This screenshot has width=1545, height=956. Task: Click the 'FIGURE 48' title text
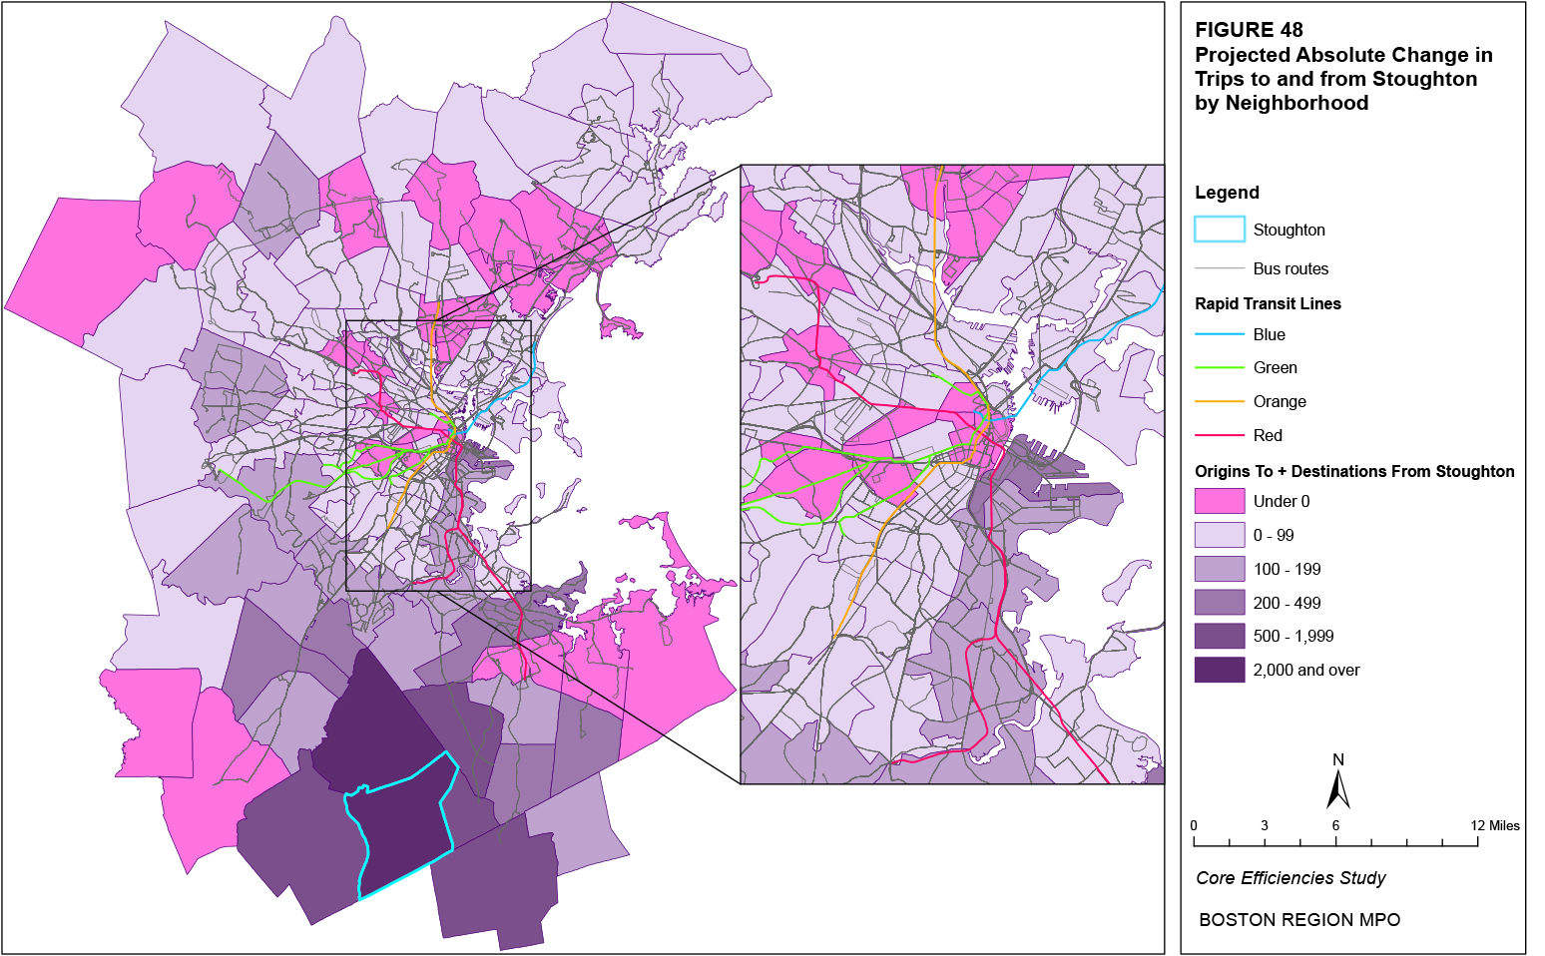pos(1249,30)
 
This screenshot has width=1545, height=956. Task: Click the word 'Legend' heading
pos(1227,193)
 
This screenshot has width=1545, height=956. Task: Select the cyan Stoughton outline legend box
pos(1220,230)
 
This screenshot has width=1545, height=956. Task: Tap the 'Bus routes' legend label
pos(1290,268)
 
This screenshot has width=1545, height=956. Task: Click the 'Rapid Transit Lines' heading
pos(1268,303)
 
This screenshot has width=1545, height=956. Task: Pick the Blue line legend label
pos(1269,334)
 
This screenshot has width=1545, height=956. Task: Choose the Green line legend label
pos(1275,367)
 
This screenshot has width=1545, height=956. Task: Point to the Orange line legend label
pos(1279,401)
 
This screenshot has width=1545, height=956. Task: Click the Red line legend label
pos(1268,435)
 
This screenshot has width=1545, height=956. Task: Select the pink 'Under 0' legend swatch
pos(1220,501)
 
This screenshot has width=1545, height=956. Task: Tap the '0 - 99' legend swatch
pos(1220,535)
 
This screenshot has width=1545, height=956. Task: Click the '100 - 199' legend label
pos(1287,569)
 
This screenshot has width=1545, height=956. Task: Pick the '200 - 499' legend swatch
pos(1220,603)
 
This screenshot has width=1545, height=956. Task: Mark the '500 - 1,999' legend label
pos(1292,636)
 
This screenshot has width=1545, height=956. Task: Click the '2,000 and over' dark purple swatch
pos(1220,670)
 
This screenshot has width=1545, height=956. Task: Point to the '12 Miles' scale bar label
pos(1495,825)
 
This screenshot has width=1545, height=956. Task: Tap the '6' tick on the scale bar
pos(1335,825)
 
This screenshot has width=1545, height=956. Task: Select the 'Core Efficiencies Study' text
pos(1290,878)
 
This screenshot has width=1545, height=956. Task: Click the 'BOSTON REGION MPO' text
pos(1298,920)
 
